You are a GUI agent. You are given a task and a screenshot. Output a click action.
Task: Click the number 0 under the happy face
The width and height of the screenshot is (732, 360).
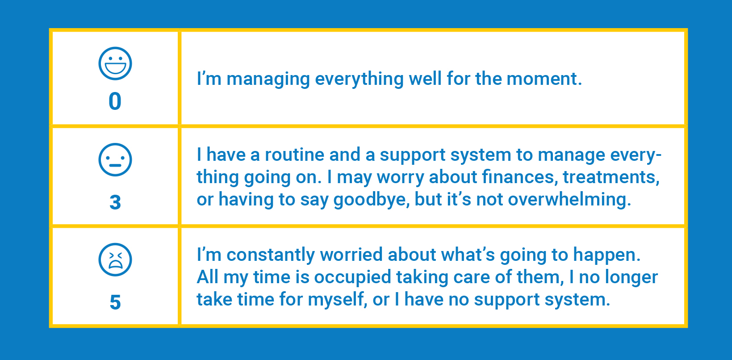115,101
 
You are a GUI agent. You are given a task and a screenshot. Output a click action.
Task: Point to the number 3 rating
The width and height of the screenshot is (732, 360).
115,202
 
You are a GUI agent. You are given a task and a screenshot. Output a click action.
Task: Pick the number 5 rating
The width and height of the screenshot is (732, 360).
115,302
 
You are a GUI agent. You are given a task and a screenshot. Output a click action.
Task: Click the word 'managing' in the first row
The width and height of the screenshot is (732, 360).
268,80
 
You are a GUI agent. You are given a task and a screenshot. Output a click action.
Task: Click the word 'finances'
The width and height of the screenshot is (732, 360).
519,177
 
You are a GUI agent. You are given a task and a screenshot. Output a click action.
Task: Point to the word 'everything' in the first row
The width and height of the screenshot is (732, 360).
359,80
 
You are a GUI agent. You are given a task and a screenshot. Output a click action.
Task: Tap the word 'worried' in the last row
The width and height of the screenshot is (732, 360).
351,255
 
